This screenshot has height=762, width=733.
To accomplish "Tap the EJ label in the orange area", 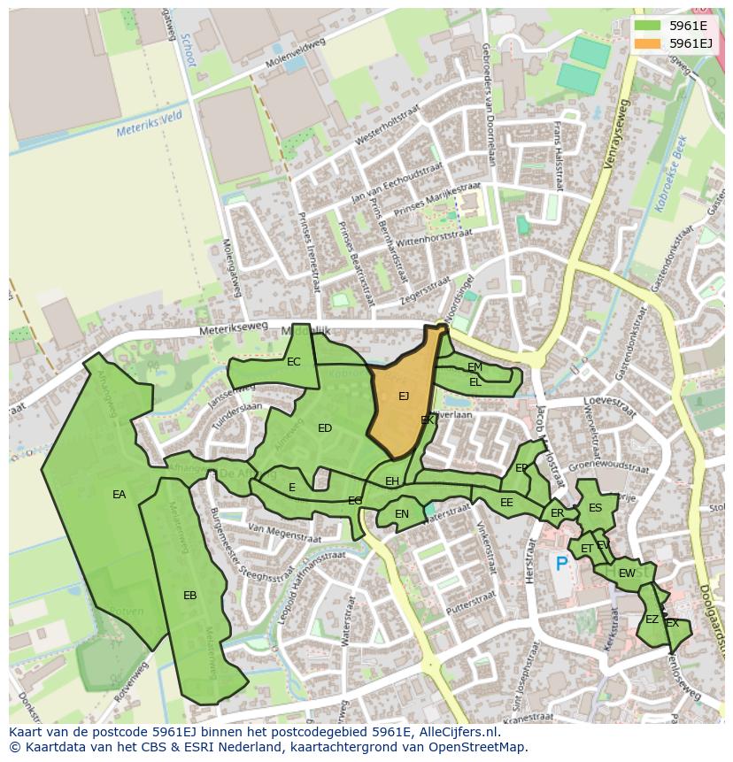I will point(404,396).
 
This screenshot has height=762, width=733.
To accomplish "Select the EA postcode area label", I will point(119,495).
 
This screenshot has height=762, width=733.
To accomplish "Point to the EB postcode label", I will point(189,596).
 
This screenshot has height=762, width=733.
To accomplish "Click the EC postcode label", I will point(294,362).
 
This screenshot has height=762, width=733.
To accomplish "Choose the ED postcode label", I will point(325,428).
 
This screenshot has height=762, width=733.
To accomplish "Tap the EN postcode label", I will point(402,514).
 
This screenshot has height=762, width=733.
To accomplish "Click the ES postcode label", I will point(595,508).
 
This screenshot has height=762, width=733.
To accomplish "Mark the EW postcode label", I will point(627,573).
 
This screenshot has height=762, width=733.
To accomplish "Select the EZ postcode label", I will point(652,620).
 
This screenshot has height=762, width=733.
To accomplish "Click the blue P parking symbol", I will point(560,563).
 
